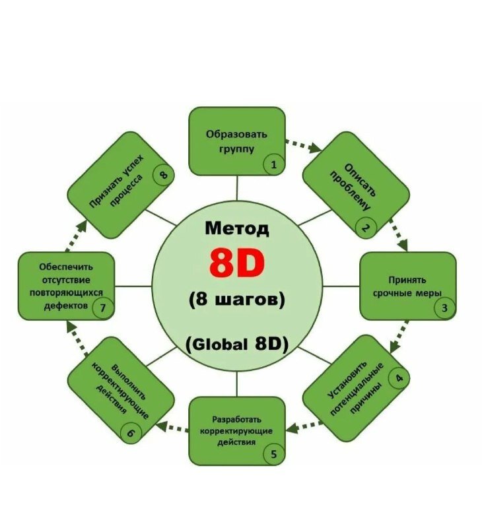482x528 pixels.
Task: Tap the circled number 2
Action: [364, 228]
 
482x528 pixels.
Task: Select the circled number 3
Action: [444, 308]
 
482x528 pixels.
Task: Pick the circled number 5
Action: [273, 453]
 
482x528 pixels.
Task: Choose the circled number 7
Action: [103, 308]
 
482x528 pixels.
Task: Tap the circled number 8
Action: [162, 175]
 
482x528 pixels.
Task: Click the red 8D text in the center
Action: [236, 263]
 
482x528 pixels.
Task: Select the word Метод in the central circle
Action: [236, 229]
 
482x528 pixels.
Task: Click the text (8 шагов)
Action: [236, 299]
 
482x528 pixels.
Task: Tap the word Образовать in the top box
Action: [236, 134]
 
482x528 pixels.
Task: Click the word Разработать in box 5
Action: [236, 419]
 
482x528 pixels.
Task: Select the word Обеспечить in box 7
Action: [65, 267]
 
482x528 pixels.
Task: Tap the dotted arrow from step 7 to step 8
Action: [74, 236]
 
